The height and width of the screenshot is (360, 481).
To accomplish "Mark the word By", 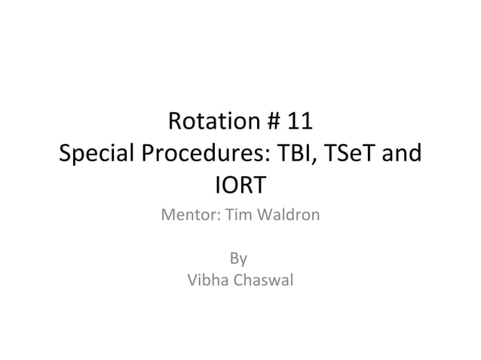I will tap(239, 260).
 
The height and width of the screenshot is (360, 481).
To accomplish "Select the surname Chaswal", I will tap(262, 282).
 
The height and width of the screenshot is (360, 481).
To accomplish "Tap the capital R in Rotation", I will tap(176, 121).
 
